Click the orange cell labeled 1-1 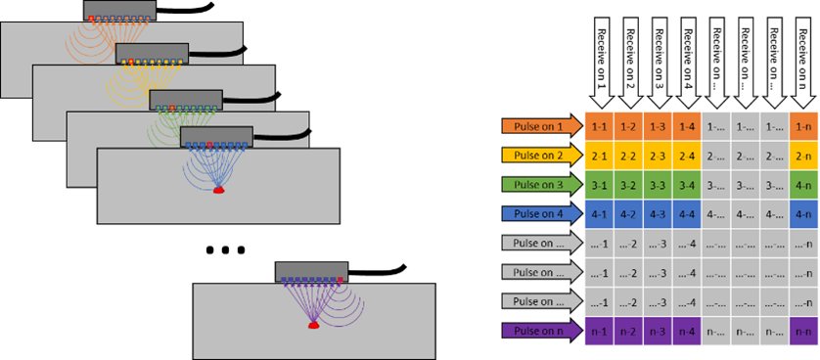pyautogui.click(x=599, y=127)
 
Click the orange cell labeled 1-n pyautogui.click(x=803, y=127)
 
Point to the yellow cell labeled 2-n pyautogui.click(x=803, y=156)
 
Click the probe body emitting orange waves pyautogui.click(x=118, y=10)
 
